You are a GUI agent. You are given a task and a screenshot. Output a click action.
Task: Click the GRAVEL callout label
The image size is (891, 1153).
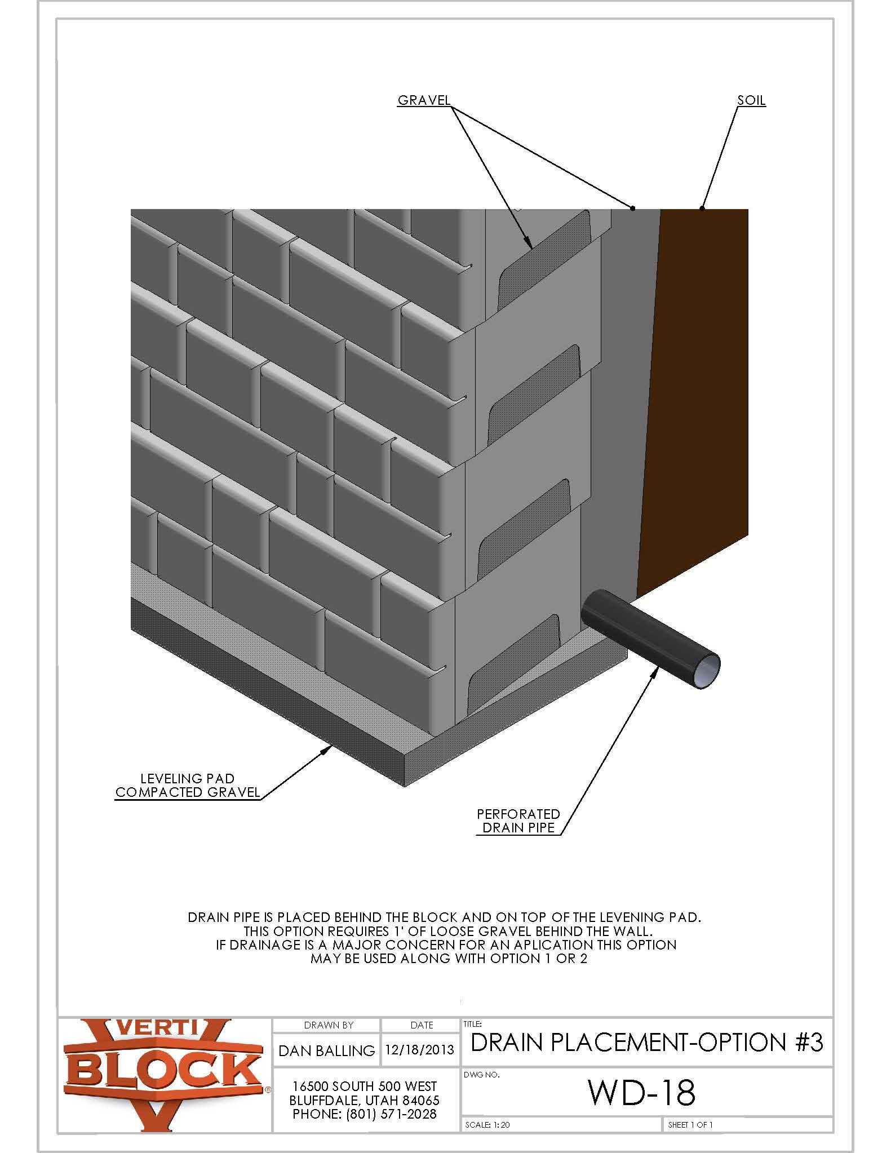[x=424, y=100]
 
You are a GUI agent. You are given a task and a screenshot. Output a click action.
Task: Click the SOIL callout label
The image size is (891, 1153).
[x=751, y=100]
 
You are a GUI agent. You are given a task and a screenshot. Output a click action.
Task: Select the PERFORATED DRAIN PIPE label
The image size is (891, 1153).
[x=518, y=821]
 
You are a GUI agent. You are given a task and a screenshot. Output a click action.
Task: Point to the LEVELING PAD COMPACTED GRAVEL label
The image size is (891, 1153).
[x=187, y=786]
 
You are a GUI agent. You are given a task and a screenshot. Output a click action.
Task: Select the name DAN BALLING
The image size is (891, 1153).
[x=327, y=1051]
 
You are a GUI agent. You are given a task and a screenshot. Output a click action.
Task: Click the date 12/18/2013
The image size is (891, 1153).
[x=420, y=1050]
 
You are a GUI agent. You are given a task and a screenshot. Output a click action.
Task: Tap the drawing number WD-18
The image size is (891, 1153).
[x=641, y=1092]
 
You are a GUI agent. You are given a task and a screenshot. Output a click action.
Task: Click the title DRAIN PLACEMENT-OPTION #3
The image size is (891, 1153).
[x=647, y=1043]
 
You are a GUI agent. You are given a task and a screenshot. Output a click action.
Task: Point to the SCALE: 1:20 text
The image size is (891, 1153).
[x=487, y=1125]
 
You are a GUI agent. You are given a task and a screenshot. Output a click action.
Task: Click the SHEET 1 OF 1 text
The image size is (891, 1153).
[x=690, y=1125]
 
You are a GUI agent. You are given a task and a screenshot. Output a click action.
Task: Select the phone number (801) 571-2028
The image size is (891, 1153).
[x=364, y=1114]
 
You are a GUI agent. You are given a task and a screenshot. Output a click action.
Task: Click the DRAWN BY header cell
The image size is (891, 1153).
[x=328, y=1025]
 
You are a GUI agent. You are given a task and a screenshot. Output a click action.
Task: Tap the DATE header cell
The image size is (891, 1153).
[x=422, y=1025]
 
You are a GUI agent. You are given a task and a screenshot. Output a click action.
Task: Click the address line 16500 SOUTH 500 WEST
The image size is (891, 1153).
[x=365, y=1086]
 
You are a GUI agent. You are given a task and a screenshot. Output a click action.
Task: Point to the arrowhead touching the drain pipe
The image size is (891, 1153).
[x=656, y=670]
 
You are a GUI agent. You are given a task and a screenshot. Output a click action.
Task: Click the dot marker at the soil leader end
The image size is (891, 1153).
[x=702, y=209]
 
